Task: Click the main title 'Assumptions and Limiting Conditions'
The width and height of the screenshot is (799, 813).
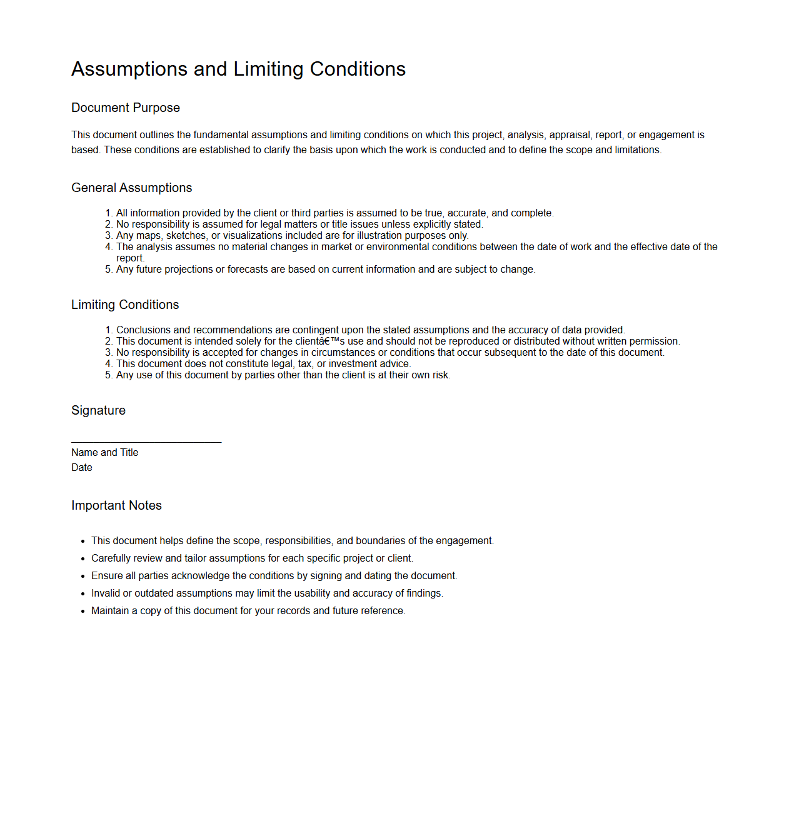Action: (238, 69)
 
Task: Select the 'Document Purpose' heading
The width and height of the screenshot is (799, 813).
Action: (125, 108)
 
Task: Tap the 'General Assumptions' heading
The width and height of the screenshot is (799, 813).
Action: (131, 188)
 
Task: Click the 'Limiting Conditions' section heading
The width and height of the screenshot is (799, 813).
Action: (125, 305)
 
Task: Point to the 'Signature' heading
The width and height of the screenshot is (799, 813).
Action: (98, 410)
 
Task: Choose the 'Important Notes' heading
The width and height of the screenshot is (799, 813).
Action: (116, 505)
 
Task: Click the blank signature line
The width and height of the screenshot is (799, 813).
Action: (146, 442)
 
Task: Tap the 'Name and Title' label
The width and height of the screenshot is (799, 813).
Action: (104, 452)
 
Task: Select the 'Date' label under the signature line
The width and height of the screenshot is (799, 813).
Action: (81, 467)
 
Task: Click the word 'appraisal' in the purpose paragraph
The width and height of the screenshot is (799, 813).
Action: (569, 134)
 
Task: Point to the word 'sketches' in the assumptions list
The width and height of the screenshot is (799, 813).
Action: (186, 235)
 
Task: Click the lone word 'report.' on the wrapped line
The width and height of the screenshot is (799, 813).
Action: (130, 258)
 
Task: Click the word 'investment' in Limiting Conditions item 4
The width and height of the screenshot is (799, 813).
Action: (353, 363)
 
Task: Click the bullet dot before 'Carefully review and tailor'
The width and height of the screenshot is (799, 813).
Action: (83, 558)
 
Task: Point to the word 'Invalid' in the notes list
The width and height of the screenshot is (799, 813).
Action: (105, 593)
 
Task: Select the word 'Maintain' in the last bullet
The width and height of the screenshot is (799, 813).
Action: (110, 610)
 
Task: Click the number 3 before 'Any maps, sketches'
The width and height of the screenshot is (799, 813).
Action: (108, 235)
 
